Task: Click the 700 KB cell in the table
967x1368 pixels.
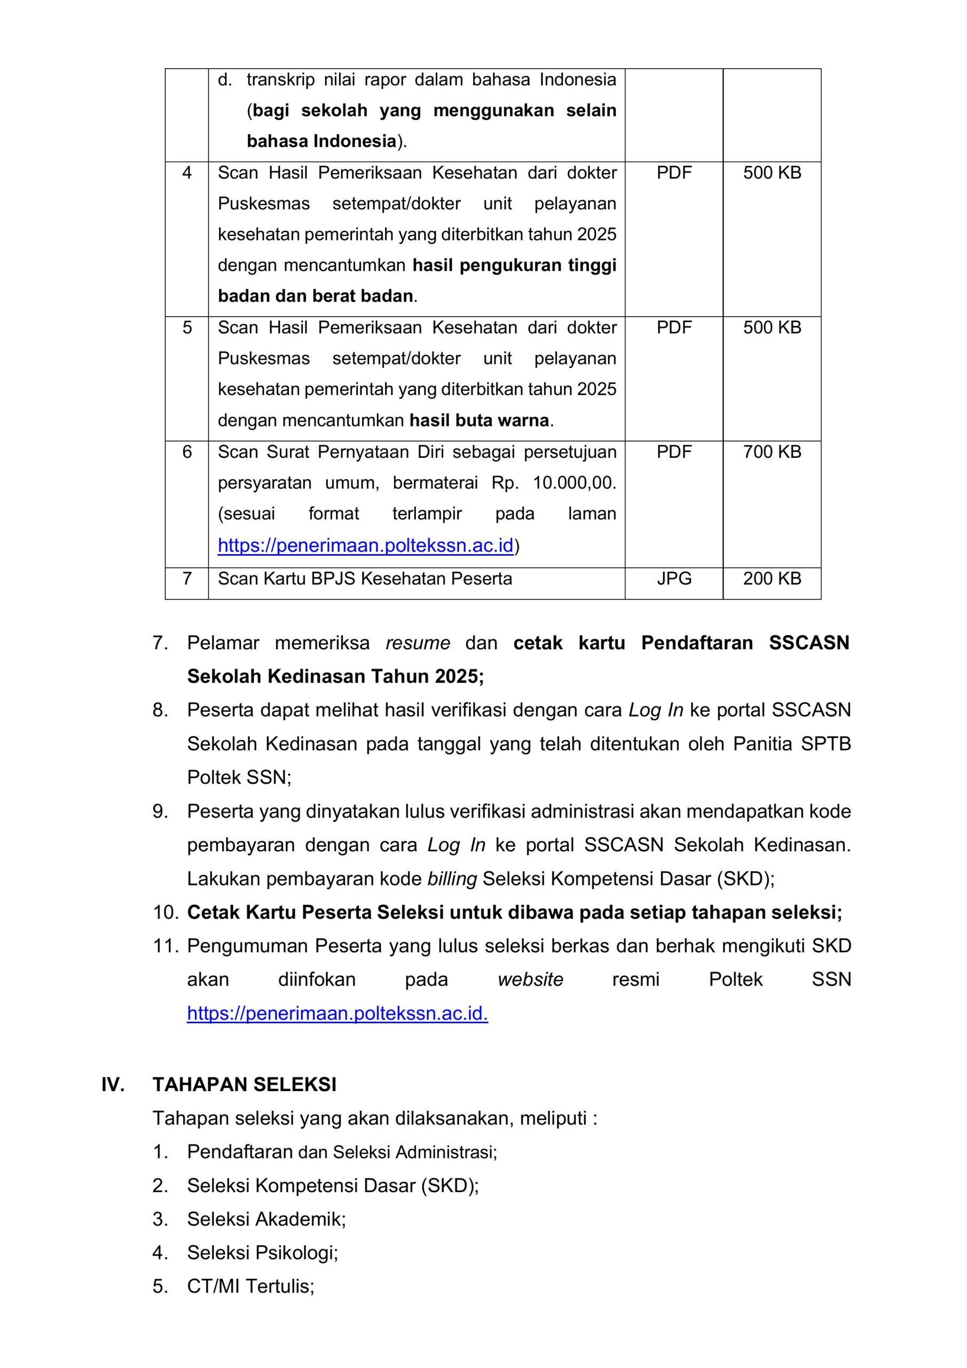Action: click(772, 452)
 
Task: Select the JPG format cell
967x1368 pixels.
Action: click(674, 579)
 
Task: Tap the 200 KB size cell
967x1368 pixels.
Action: click(772, 579)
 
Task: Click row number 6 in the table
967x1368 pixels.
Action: click(187, 452)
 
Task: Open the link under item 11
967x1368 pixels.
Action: click(337, 1014)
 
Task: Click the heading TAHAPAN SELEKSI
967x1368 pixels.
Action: click(244, 1084)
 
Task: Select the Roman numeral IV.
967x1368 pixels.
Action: click(113, 1084)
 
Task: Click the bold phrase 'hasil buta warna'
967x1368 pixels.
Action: click(479, 421)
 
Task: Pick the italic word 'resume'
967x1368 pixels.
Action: click(418, 643)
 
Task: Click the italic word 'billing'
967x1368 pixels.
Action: click(452, 879)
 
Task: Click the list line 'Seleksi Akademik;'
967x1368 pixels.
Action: click(266, 1219)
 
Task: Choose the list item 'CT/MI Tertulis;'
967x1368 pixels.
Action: click(250, 1286)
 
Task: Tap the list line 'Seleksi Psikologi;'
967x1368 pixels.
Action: click(262, 1253)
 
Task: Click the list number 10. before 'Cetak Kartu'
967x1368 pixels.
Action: click(166, 912)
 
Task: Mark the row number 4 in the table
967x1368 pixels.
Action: click(187, 173)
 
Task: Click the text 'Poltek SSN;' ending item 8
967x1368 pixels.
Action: click(239, 778)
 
